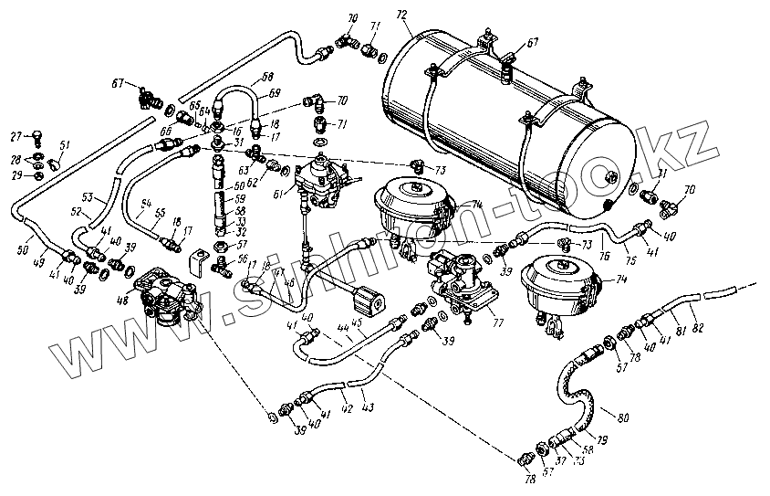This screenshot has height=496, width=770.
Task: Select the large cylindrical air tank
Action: (511, 119)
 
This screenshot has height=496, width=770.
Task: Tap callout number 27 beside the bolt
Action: (15, 137)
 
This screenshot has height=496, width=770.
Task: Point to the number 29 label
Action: (15, 174)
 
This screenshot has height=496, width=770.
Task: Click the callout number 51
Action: (64, 144)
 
